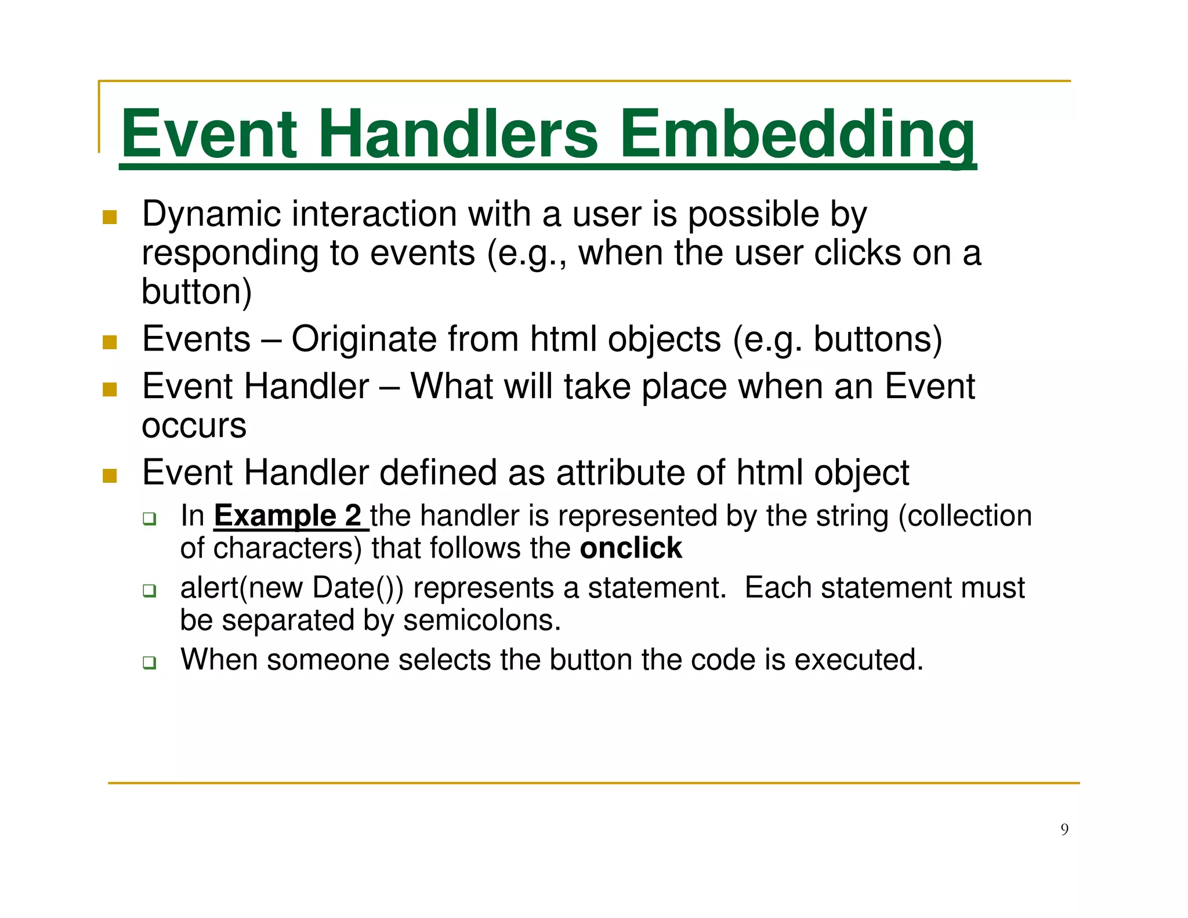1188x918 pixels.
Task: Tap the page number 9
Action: (1064, 829)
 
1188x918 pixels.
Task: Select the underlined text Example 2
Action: (288, 516)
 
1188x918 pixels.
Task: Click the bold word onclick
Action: (631, 548)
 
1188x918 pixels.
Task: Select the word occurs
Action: (194, 425)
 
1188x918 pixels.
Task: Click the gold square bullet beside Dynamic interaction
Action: (110, 218)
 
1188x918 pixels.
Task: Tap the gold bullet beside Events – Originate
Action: (110, 342)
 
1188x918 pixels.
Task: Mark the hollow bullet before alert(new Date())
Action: (150, 591)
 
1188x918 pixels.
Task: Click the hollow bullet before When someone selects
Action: (150, 662)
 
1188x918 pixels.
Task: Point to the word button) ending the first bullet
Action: (197, 291)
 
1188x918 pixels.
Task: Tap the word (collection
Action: (965, 516)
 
